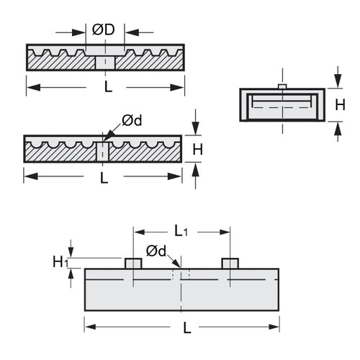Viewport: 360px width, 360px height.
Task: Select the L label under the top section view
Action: click(108, 87)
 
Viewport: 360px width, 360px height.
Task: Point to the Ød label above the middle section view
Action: click(132, 120)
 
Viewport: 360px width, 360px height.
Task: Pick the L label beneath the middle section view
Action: click(104, 177)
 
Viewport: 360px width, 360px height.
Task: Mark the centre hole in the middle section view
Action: click(102, 151)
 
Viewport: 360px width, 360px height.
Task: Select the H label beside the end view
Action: click(340, 105)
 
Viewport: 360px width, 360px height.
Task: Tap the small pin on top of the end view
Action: click(282, 86)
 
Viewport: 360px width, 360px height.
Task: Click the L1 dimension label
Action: click(181, 231)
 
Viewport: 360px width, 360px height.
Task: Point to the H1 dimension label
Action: click(60, 262)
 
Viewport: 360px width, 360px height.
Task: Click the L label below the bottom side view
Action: click(186, 327)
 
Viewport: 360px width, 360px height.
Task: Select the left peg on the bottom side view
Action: click(133, 263)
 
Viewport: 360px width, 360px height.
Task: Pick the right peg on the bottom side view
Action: click(230, 263)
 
